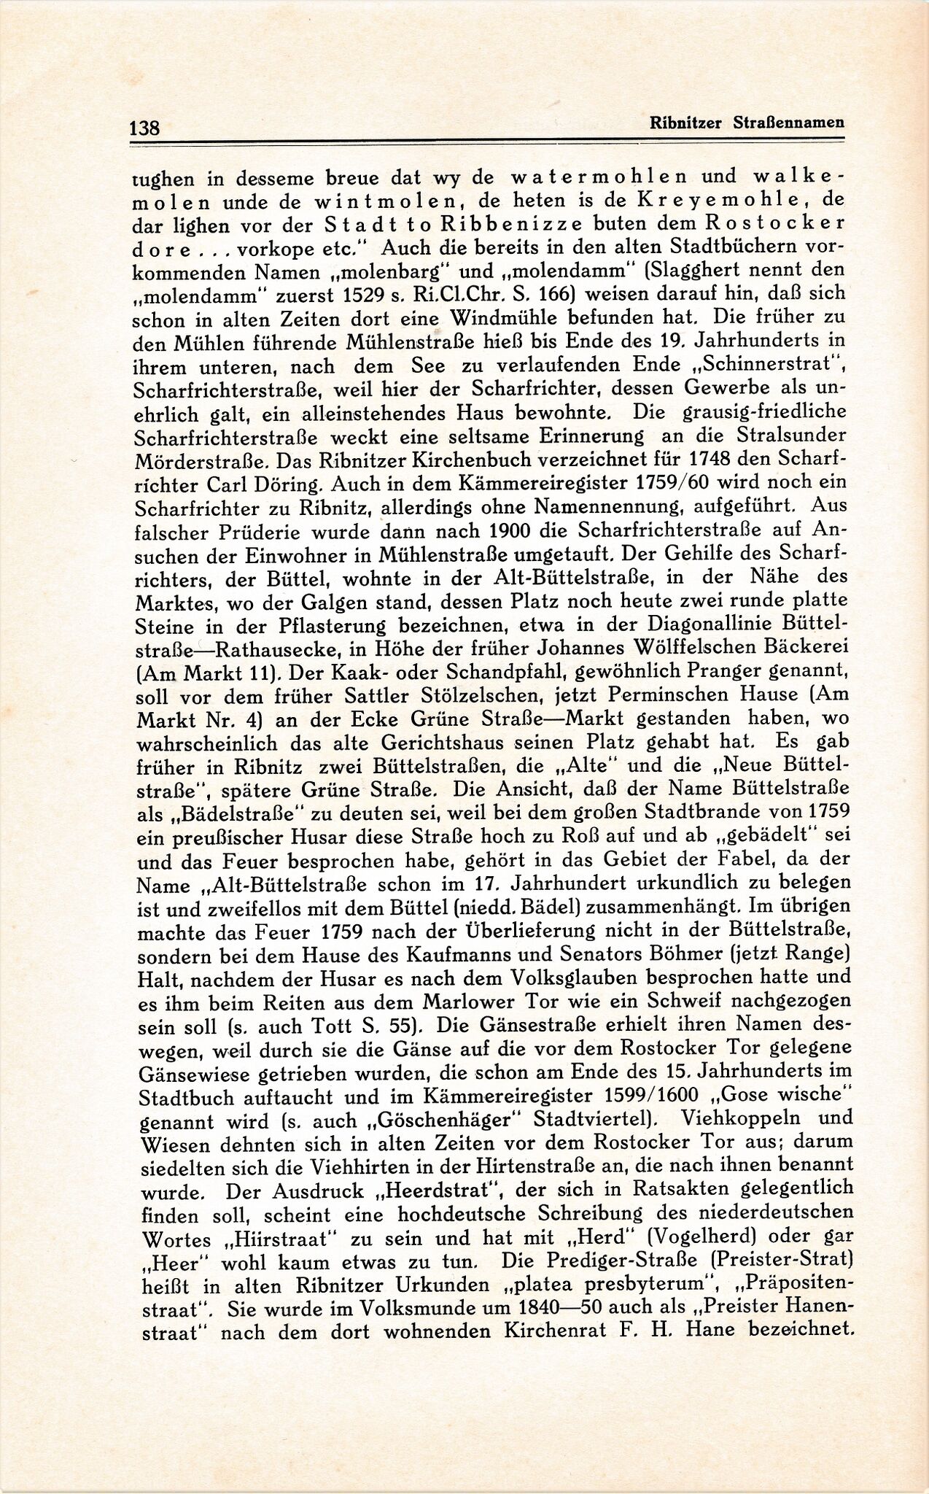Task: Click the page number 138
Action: (144, 128)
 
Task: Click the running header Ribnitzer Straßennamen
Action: (747, 123)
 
